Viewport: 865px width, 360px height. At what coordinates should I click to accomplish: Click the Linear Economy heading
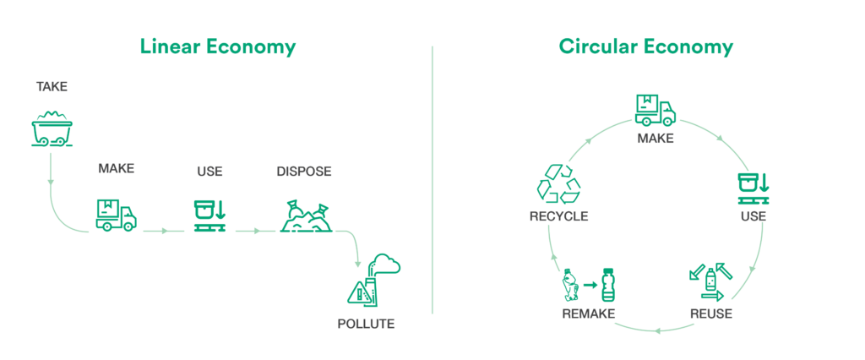tap(218, 47)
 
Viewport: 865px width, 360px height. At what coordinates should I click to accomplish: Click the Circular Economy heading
tap(646, 47)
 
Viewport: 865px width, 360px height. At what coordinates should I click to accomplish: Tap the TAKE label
tap(52, 87)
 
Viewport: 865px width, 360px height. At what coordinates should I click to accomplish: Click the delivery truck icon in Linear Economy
tap(116, 215)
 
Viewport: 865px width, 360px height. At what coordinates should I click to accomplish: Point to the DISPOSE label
tap(304, 172)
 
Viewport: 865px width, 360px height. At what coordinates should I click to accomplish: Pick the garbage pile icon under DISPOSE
tap(306, 217)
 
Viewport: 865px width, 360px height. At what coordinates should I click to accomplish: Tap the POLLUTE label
tap(367, 324)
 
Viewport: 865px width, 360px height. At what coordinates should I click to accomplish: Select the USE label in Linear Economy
tap(209, 172)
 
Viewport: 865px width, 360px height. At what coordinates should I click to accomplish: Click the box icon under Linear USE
tap(209, 215)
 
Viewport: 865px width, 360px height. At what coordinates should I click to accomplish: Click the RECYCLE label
tap(559, 216)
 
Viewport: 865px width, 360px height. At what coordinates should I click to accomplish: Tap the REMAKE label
tap(589, 314)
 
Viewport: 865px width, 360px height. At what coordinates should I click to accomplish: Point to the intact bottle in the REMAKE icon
tap(608, 285)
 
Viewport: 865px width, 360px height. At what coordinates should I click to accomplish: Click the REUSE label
tap(711, 314)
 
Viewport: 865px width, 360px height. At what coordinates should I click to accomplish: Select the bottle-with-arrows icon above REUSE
tap(710, 282)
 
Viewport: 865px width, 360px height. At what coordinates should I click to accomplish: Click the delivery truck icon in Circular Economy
tap(656, 110)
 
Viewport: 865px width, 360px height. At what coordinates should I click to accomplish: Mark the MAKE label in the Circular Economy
tap(656, 139)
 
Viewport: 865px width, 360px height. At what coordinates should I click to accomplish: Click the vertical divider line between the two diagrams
tap(432, 180)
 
